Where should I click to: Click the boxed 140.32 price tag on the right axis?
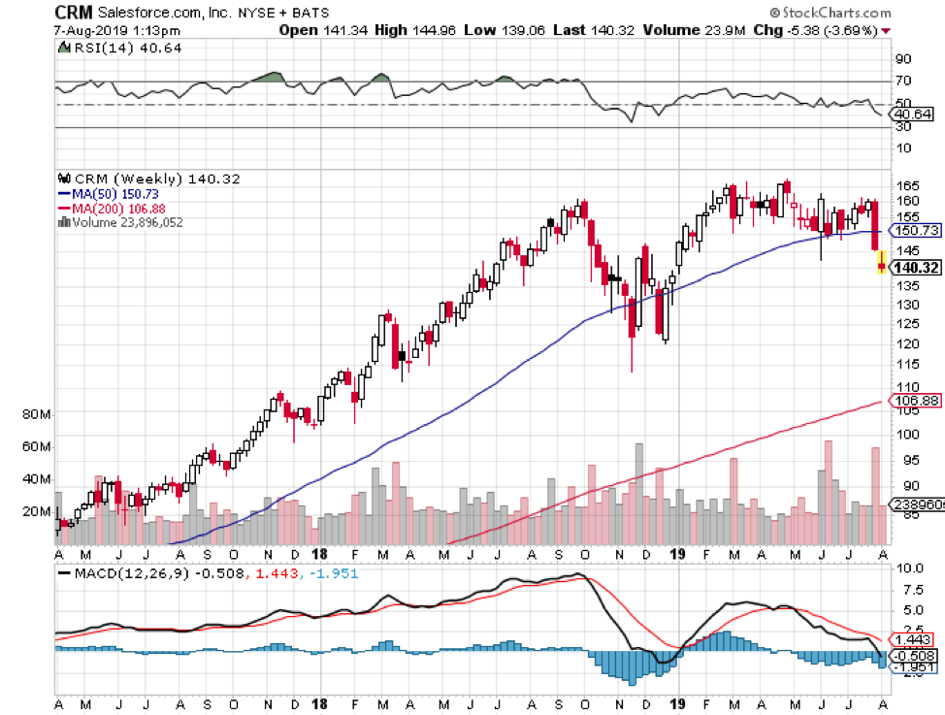coord(915,267)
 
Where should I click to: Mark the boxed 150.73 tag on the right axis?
coord(915,231)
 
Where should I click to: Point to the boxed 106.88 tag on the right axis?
coord(915,400)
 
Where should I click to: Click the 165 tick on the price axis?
coord(907,184)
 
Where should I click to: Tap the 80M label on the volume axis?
coord(34,413)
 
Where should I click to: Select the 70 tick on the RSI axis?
coord(903,81)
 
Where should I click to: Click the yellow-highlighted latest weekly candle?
coord(881,262)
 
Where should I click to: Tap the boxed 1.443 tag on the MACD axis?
coord(912,640)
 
